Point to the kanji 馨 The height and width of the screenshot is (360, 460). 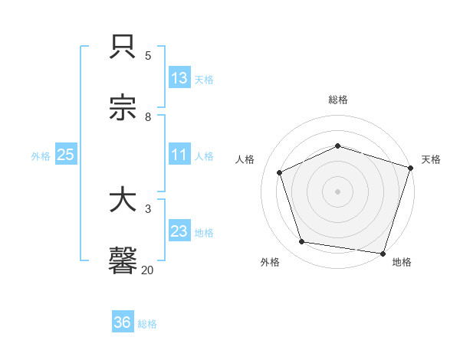tap(123, 260)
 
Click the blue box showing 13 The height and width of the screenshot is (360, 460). tap(179, 78)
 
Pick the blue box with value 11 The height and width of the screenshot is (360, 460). tap(179, 155)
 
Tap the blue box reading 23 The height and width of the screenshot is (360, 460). tap(179, 231)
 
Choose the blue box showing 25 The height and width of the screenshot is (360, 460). tap(66, 155)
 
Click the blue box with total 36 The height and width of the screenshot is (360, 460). tap(123, 322)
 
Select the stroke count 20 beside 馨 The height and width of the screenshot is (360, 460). tap(147, 269)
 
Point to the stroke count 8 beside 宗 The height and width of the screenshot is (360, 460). tap(148, 116)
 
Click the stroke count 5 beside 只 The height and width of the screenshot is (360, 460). tap(148, 55)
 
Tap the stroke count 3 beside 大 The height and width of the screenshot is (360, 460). tap(148, 208)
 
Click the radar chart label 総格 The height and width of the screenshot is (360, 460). tap(338, 100)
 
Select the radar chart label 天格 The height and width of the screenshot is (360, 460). tap(431, 159)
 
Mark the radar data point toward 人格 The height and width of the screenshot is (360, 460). tap(280, 172)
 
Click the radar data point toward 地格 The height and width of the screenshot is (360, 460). tap(383, 253)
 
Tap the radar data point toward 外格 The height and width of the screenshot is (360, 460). tap(302, 242)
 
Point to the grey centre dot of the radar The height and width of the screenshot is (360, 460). tap(338, 191)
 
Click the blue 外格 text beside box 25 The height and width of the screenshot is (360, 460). tap(41, 155)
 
